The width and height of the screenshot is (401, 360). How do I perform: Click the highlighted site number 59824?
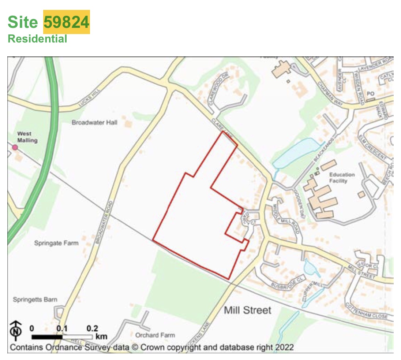[x=67, y=22]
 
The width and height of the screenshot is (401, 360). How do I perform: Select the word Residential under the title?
[x=37, y=39]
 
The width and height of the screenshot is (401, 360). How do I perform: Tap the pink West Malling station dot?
[x=15, y=147]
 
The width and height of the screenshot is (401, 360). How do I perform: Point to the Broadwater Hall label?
[x=94, y=123]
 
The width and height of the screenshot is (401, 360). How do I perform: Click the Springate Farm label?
[x=56, y=243]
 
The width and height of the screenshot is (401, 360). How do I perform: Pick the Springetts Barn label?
[x=35, y=300]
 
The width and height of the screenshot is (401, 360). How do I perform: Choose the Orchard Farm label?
[x=155, y=335]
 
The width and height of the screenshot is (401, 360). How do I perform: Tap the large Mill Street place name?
[x=248, y=311]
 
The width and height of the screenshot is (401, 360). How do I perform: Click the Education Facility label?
[x=342, y=178]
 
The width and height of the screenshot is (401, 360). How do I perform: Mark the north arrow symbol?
[x=15, y=332]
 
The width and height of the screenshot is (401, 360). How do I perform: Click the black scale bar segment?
[x=46, y=337]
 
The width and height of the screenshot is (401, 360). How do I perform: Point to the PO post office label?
[x=370, y=94]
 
